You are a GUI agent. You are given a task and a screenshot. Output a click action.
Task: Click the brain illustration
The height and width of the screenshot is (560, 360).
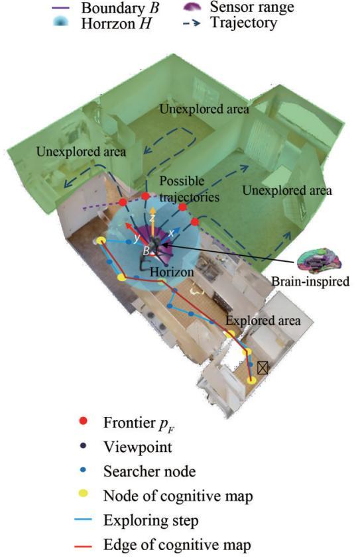click(320, 260)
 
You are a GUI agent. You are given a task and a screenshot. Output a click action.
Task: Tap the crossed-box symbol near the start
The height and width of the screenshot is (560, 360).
click(263, 368)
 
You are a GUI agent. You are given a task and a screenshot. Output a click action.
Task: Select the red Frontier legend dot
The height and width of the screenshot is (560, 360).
click(84, 421)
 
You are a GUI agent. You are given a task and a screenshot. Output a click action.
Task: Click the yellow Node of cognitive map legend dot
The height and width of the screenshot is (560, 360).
click(84, 494)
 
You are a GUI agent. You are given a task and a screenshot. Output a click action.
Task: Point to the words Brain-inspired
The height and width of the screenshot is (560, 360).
click(310, 282)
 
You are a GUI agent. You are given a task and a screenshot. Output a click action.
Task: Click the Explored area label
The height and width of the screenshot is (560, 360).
click(263, 320)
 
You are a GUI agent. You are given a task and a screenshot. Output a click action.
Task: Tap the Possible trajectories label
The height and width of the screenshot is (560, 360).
click(190, 189)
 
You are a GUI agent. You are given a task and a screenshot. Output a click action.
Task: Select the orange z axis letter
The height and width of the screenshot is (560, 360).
click(152, 219)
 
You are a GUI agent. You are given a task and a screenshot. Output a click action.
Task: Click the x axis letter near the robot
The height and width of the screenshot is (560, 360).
click(172, 233)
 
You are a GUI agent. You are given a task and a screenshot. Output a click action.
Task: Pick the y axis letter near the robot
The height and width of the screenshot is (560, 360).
click(137, 238)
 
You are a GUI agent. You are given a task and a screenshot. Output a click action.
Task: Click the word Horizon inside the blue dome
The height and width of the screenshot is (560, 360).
click(172, 272)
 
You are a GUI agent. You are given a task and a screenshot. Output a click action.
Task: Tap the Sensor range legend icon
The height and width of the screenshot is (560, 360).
click(194, 7)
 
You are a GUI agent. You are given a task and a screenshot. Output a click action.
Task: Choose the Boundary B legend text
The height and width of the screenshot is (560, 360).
click(119, 8)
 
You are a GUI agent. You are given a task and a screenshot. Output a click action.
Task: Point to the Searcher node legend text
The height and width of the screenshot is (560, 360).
click(150, 471)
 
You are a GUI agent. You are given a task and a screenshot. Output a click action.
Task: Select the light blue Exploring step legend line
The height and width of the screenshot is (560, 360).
click(84, 520)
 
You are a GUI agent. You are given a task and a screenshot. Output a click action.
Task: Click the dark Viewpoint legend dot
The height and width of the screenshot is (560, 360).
click(84, 445)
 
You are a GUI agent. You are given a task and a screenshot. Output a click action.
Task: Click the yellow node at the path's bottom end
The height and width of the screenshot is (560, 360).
click(251, 380)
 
